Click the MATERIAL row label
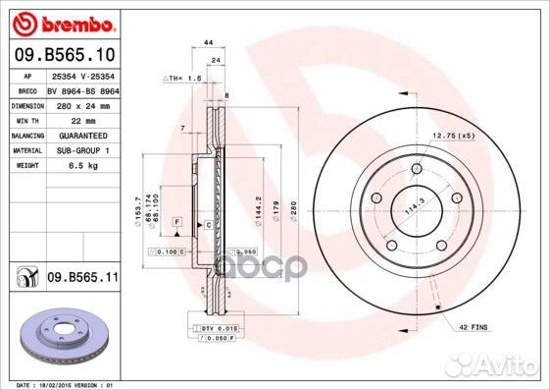coord(25,151)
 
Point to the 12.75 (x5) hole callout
coord(452,135)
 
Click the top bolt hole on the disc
coord(416,169)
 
